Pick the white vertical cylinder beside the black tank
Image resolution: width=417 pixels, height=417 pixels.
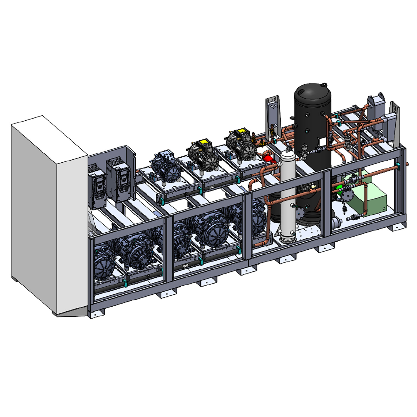(288, 195)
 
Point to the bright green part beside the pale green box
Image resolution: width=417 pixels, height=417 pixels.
(339, 188)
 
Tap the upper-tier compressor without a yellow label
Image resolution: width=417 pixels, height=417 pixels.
(166, 167)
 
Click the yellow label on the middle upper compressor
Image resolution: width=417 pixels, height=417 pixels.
(203, 143)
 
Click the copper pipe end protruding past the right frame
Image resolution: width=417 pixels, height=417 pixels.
(407, 164)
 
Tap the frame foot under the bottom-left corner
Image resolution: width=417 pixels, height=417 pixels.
(96, 312)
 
